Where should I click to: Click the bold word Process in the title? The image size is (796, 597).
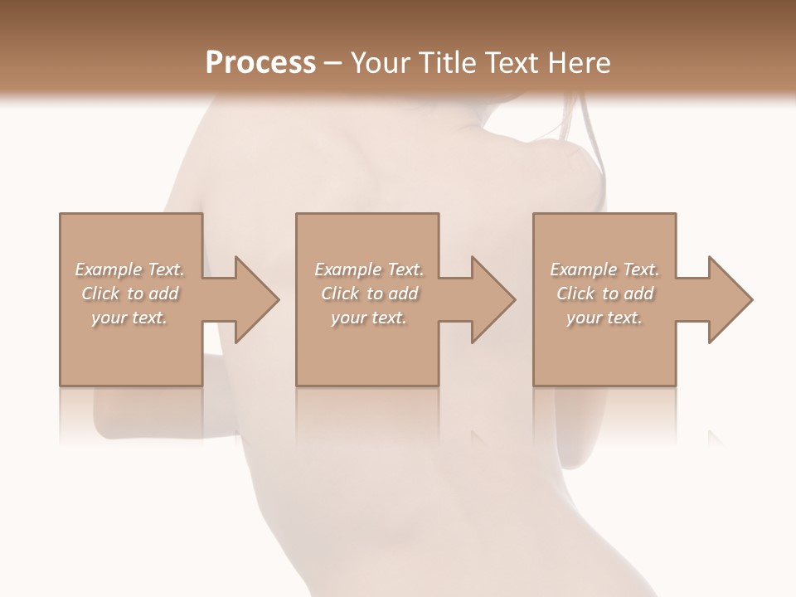coord(260,63)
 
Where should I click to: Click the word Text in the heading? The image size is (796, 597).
coord(512,63)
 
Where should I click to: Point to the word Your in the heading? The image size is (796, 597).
coord(381,63)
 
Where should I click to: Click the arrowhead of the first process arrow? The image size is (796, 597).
coord(257,299)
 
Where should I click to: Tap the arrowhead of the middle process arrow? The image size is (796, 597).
coord(493,299)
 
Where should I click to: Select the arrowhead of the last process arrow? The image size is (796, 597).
coord(730,299)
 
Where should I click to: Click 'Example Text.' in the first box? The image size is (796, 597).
coord(129,269)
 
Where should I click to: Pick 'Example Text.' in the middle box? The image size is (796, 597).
coord(369,269)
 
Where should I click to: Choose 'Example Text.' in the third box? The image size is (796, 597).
coord(604,269)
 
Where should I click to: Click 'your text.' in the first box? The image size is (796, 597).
coord(129,318)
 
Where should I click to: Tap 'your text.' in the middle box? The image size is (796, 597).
coord(369,318)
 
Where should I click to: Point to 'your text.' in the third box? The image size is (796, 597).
coord(604,318)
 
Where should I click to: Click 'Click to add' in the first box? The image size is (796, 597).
coord(129,294)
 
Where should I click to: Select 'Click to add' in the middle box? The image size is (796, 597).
coord(369,294)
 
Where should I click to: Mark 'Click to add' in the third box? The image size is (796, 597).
coord(604,294)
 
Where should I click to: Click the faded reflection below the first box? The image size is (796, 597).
coord(131,415)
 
